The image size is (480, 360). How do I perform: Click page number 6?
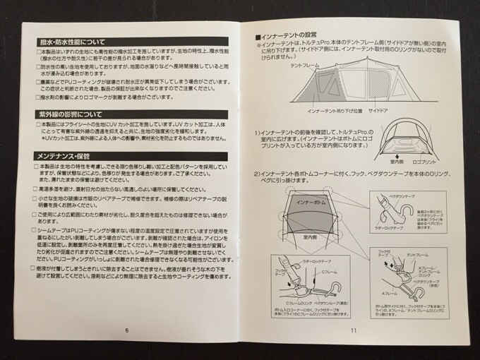tap(125, 329)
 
